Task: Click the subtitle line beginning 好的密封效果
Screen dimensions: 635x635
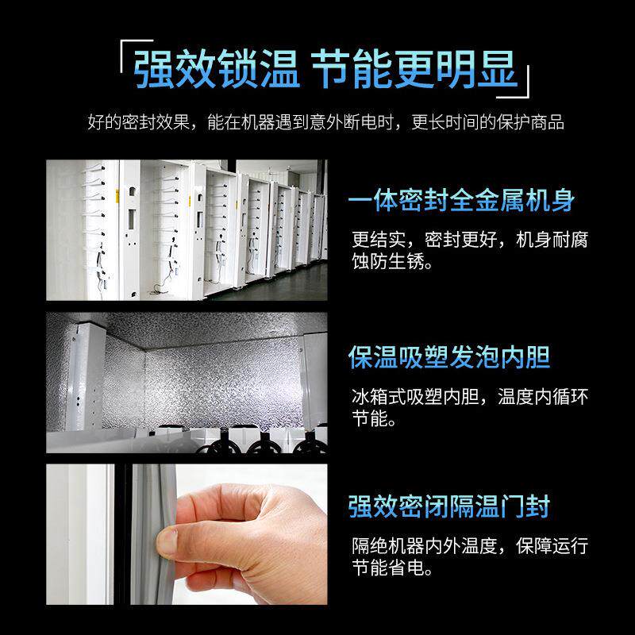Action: pos(325,123)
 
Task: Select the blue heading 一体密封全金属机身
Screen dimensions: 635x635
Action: pos(461,201)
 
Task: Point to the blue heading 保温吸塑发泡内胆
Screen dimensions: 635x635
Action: pos(449,357)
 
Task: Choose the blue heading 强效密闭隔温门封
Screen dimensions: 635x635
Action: pos(449,506)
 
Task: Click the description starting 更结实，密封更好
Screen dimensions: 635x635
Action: pos(470,240)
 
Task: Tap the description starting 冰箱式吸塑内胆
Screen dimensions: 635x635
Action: pos(470,396)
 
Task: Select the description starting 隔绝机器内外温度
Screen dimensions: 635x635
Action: pos(470,546)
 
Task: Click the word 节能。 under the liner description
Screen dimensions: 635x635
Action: pos(374,419)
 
